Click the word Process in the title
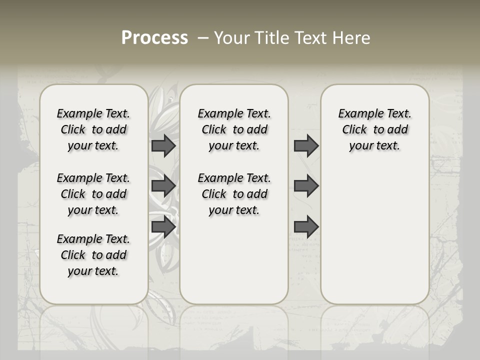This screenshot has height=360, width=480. coord(154,38)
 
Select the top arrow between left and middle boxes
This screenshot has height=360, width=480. coord(163,145)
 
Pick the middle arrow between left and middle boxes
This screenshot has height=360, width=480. coord(163,186)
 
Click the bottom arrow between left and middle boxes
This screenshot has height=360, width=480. coord(163,227)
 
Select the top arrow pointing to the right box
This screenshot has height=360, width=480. coord(306,145)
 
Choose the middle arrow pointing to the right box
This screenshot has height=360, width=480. coord(306,186)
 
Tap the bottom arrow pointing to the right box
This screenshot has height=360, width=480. coord(306,227)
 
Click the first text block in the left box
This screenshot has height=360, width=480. coord(93,129)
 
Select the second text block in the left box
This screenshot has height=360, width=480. coord(93,194)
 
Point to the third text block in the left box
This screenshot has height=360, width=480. coord(93,255)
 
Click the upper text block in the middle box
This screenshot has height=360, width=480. coord(234,129)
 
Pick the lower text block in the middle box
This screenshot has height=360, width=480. coord(234,194)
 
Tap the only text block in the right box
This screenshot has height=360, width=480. coord(374,129)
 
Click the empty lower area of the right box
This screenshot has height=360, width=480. coord(374,235)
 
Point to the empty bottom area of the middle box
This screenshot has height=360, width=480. coord(234,265)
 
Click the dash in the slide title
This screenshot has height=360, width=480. coord(203,38)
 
